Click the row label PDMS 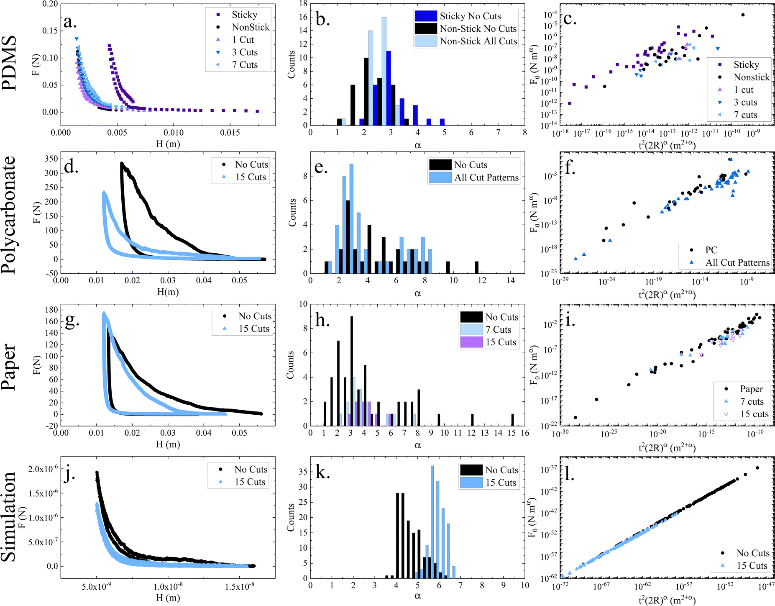tap(9, 63)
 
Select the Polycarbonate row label tap(9, 215)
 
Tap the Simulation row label tap(9, 517)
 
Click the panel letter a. tap(70, 22)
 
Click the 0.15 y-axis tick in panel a tap(50, 31)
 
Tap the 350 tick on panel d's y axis tap(51, 159)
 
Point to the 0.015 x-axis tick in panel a tap(230, 133)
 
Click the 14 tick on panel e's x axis tap(511, 280)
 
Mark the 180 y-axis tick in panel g tap(51, 310)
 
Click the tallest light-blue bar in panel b tap(384, 71)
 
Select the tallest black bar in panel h tap(351, 371)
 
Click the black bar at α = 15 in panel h tap(512, 420)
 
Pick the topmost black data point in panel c tap(743, 15)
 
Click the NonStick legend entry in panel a tap(250, 27)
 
